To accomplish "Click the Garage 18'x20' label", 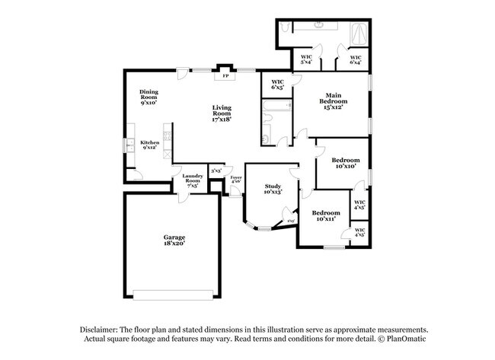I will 174,241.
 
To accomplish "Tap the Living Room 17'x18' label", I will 221,113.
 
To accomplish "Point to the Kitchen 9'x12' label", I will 149,145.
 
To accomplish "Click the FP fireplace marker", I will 225,76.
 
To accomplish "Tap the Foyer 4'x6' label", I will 236,180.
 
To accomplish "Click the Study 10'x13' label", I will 273,189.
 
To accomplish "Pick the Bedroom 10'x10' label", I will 345,163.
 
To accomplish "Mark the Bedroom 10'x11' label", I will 325,215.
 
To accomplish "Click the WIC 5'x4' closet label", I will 306,59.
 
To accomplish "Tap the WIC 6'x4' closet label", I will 355,59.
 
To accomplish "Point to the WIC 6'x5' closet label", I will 277,85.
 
